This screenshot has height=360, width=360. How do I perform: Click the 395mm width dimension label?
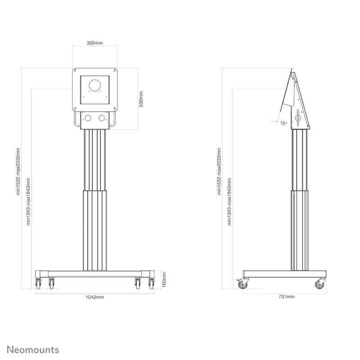95,43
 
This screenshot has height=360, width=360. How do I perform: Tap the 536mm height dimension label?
141,99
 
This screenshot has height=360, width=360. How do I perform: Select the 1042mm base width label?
95,297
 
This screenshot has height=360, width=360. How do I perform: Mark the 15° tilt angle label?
283,123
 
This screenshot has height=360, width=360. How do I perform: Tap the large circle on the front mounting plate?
95,85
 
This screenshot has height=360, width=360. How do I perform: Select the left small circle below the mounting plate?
88,118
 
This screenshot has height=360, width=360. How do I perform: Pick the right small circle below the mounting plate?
102,118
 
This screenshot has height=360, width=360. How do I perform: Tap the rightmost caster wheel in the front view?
151,283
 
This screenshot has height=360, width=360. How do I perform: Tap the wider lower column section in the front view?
94,229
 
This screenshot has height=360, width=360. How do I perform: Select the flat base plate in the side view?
284,274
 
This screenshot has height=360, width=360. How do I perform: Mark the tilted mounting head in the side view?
295,101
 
